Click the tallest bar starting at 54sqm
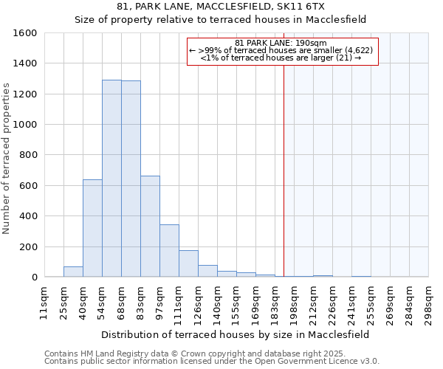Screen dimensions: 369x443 pyautogui.click(x=111, y=179)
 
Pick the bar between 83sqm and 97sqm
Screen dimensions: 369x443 pyautogui.click(x=150, y=227)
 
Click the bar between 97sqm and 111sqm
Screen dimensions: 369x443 pyautogui.click(x=169, y=251)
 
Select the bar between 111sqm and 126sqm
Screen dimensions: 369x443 pyautogui.click(x=188, y=263)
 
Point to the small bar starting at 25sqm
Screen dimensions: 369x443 pyautogui.click(x=73, y=272)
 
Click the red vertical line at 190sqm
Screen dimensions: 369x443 pyautogui.click(x=284, y=184)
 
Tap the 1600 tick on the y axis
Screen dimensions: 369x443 pyautogui.click(x=25, y=33)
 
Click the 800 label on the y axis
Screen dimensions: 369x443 pyautogui.click(x=28, y=155)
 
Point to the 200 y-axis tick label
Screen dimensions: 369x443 pyautogui.click(x=28, y=246)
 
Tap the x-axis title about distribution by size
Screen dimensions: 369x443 pyautogui.click(x=236, y=334)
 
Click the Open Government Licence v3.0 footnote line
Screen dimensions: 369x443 pyautogui.click(x=212, y=362)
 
